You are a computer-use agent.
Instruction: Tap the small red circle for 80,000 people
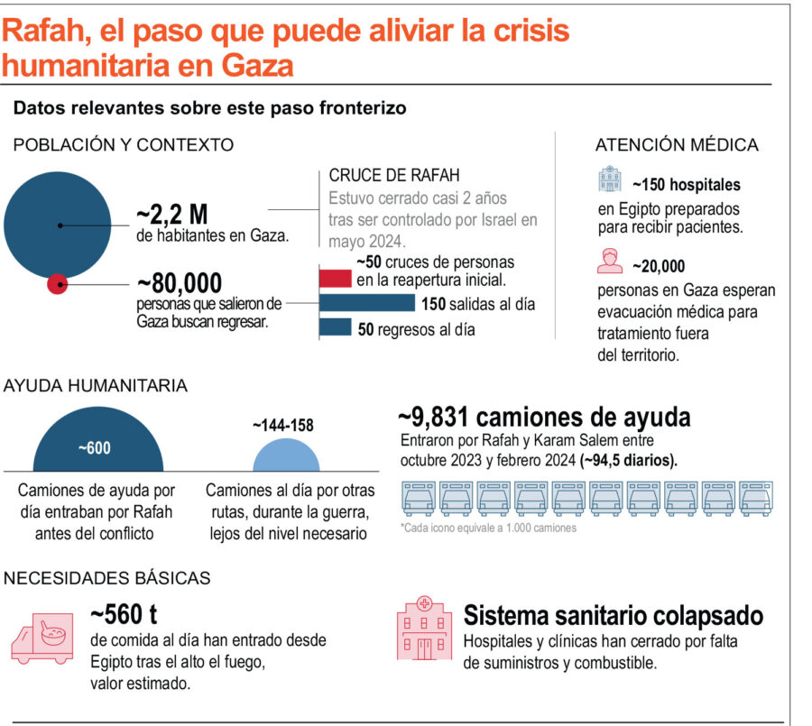point(58,284)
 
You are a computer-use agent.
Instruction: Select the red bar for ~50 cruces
point(336,278)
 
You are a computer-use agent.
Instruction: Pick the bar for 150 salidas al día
point(367,303)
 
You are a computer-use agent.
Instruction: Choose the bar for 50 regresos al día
point(336,328)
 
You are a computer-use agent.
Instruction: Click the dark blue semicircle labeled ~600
point(97,444)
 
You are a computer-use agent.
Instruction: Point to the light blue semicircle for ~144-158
point(286,455)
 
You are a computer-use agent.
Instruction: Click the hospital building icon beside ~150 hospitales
point(611,179)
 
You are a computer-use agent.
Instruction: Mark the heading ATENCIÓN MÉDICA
point(676,145)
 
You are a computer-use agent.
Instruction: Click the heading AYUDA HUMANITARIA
point(96,386)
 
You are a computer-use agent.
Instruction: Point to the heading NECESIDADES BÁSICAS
point(107,578)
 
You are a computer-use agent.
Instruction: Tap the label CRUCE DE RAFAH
point(394,176)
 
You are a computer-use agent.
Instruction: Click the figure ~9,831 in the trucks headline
point(435,418)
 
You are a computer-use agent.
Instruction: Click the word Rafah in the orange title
point(44,32)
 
